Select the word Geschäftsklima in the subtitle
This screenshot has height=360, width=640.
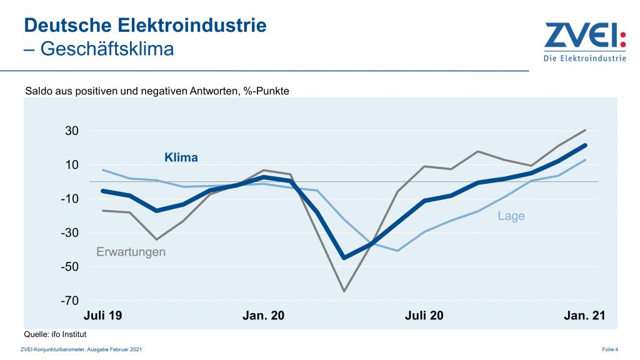(x=107, y=49)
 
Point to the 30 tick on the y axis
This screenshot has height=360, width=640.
(x=70, y=131)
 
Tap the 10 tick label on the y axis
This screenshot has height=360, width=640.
(x=70, y=165)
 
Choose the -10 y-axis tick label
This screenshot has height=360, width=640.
(x=68, y=199)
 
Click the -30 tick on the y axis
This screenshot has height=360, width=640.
(x=68, y=233)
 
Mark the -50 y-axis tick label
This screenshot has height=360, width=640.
(x=68, y=267)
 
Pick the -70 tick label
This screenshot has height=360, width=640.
(x=68, y=301)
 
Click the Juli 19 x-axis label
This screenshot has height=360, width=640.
(x=102, y=316)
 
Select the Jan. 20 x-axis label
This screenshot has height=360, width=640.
(x=263, y=316)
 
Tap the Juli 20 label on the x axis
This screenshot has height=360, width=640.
(x=424, y=316)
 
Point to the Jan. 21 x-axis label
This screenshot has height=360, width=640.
(x=585, y=316)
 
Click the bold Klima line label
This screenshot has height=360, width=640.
(x=181, y=157)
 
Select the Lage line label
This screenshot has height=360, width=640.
(x=511, y=216)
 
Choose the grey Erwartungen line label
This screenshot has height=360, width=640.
(x=131, y=252)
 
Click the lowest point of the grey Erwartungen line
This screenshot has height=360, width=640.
(x=344, y=291)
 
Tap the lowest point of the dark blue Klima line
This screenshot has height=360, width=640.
(x=344, y=257)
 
